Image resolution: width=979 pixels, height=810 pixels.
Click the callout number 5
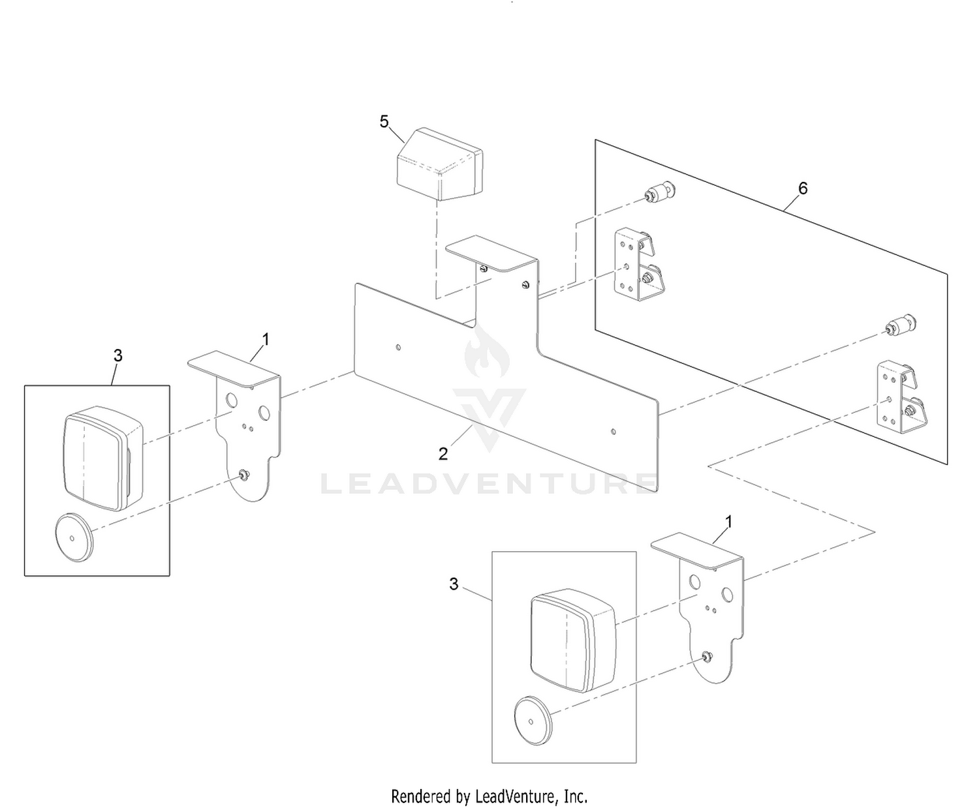[x=384, y=122]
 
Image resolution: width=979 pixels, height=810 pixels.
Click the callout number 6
[x=803, y=188]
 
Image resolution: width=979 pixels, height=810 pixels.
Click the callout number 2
[x=443, y=453]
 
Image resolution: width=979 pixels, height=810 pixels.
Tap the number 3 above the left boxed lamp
[x=117, y=356]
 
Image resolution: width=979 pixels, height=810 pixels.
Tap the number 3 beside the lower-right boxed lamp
[x=454, y=584]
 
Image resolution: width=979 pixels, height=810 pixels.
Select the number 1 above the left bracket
[x=266, y=340]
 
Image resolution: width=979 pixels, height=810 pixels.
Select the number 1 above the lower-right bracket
[x=728, y=522]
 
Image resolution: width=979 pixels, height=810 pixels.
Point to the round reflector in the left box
[x=74, y=537]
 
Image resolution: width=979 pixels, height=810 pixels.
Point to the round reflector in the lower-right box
[x=534, y=721]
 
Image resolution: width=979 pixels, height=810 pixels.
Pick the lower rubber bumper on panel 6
[x=900, y=325]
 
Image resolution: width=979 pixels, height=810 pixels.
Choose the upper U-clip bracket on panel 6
[x=638, y=264]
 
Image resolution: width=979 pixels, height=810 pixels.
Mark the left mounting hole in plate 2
[x=398, y=347]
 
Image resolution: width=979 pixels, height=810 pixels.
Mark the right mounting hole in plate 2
[x=614, y=432]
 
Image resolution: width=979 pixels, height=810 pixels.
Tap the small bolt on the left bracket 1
[x=243, y=475]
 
